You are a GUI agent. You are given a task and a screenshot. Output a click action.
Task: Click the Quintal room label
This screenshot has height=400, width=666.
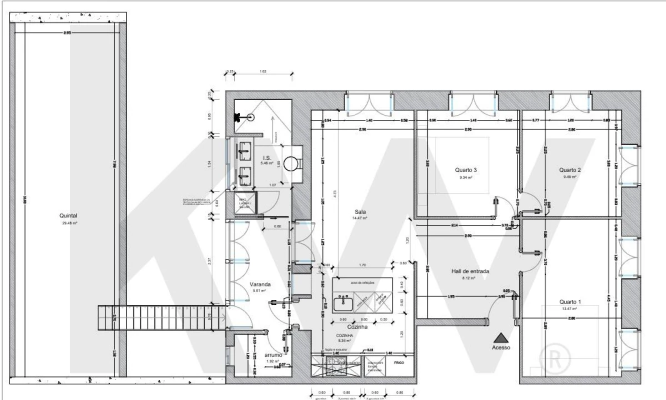click(69, 216)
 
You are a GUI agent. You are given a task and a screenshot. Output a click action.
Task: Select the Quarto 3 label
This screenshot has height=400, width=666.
click(465, 170)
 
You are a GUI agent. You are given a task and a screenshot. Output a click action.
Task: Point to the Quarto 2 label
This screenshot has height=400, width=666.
click(570, 170)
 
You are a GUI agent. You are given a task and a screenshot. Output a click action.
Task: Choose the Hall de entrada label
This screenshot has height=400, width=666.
click(470, 272)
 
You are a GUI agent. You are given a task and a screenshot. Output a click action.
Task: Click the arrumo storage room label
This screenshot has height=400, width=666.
click(274, 354)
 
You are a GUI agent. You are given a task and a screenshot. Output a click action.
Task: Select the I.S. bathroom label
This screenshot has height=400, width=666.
click(267, 158)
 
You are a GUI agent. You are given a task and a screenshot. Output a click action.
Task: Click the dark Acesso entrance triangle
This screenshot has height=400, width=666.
click(500, 337)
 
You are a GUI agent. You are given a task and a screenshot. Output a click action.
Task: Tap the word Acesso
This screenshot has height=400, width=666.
click(500, 347)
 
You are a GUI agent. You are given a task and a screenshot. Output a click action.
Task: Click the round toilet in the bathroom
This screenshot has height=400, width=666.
click(291, 164)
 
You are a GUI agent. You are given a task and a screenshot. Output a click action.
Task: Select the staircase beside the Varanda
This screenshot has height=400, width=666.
click(162, 318)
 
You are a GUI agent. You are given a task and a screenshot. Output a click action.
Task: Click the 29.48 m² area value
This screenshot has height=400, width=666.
click(69, 223)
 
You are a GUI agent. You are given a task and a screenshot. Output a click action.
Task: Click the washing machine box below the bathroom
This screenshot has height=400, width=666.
click(246, 202)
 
